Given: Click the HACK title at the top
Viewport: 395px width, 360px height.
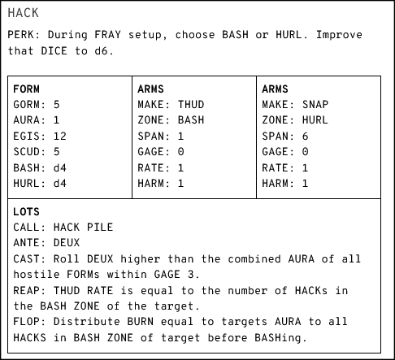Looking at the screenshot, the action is coord(24,13).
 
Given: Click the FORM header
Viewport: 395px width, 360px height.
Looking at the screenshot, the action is coord(26,89).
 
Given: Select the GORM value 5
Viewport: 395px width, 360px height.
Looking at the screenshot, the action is coord(56,105).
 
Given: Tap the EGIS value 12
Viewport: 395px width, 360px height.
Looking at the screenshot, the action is coord(60,136).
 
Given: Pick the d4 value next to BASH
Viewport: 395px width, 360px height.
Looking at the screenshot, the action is coord(60,168).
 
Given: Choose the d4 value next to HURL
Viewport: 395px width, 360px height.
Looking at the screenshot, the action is coord(60,184).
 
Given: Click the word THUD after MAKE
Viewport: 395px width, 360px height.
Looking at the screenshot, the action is coord(191,105).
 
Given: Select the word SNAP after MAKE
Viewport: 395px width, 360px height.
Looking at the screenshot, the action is coord(315,105).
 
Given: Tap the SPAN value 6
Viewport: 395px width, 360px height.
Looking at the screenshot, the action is coord(305,136).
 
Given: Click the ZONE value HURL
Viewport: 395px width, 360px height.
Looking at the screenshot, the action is coord(315,120).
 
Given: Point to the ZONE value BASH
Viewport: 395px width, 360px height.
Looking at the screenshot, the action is coord(191,120).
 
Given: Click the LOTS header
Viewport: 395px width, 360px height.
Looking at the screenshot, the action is coord(26,211).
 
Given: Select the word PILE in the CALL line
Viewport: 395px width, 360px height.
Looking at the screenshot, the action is coord(100,227).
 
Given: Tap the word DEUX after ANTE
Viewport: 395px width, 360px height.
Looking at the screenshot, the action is coord(67,242).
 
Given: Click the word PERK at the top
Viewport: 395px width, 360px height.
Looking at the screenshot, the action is coord(21,35).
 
